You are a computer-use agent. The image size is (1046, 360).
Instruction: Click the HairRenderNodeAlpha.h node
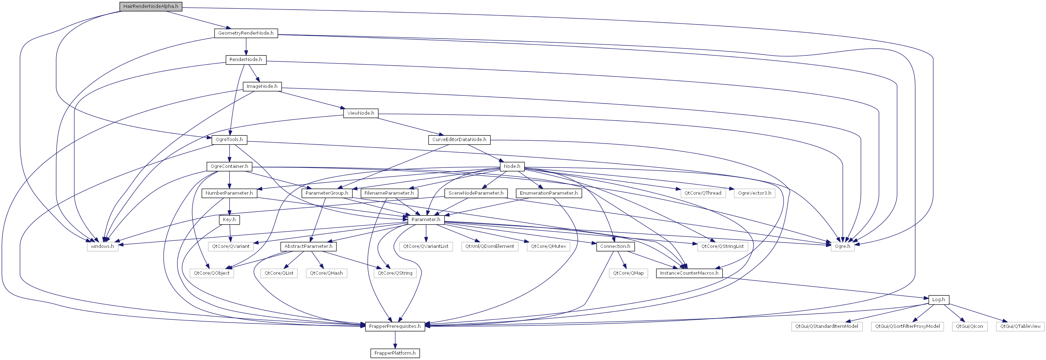(151, 6)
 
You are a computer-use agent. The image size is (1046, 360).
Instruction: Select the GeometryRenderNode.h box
(246, 33)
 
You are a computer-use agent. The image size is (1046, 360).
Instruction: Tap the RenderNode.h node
(246, 60)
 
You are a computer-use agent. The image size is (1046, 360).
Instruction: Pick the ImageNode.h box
(262, 86)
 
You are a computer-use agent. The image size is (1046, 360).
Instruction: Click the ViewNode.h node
(361, 113)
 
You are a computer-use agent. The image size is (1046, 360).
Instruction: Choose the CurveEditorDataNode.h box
(459, 140)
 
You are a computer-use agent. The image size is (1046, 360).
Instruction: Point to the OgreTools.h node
(229, 140)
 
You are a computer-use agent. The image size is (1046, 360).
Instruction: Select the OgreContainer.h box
(229, 166)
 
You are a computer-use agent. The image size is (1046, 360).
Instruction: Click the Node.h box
(512, 166)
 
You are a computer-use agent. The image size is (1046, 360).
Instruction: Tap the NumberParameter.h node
(229, 193)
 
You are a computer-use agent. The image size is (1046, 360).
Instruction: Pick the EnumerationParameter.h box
(549, 193)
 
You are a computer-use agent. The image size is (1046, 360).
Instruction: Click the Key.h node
(229, 220)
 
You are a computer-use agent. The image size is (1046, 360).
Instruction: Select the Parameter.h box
(426, 220)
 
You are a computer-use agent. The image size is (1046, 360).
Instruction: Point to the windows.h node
(102, 246)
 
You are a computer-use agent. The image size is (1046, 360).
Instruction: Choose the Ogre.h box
(842, 246)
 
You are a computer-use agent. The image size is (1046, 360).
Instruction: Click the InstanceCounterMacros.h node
(689, 273)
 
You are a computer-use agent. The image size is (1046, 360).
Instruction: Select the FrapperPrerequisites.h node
(395, 326)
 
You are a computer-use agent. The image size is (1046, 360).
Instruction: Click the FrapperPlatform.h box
(395, 353)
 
